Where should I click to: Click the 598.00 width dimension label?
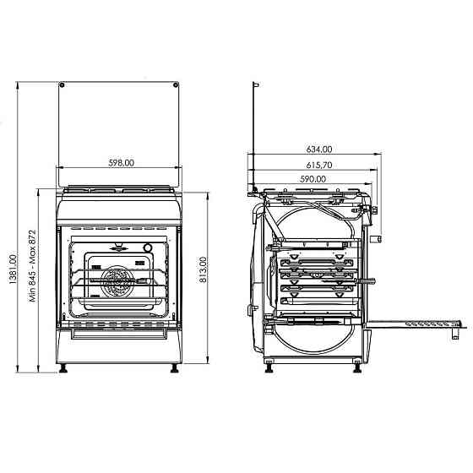pyautogui.click(x=120, y=164)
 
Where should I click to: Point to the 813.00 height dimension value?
pyautogui.click(x=203, y=272)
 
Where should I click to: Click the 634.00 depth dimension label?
pyautogui.click(x=318, y=150)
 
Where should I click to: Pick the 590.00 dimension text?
pyautogui.click(x=313, y=179)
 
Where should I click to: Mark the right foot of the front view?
pyautogui.click(x=175, y=367)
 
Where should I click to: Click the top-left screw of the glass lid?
pyautogui.click(x=63, y=84)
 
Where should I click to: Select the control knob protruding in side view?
pyautogui.click(x=377, y=236)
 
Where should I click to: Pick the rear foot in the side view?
pyautogui.click(x=269, y=367)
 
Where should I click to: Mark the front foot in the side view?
pyautogui.click(x=358, y=367)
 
